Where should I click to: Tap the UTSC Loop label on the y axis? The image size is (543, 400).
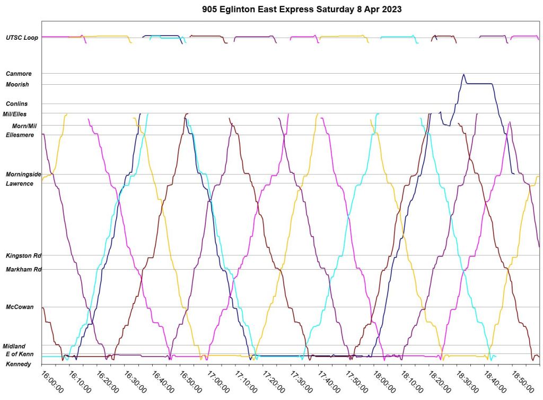click(22, 38)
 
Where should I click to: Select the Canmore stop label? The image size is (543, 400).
click(19, 74)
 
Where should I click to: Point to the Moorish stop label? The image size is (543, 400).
click(17, 85)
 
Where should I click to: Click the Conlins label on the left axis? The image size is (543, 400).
click(17, 104)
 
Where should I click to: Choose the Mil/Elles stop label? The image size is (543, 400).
click(14, 114)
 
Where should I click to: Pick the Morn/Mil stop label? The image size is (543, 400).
click(24, 126)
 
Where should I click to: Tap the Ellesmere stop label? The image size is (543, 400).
click(20, 135)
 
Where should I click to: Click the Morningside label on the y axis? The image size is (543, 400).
click(23, 174)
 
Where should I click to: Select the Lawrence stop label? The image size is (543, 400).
click(19, 184)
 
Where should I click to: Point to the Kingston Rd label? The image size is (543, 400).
click(23, 256)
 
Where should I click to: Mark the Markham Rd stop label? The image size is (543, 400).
click(23, 270)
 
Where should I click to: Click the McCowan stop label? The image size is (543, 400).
click(20, 307)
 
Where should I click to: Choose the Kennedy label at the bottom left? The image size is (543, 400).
click(18, 365)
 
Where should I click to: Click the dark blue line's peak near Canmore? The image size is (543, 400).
click(463, 75)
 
